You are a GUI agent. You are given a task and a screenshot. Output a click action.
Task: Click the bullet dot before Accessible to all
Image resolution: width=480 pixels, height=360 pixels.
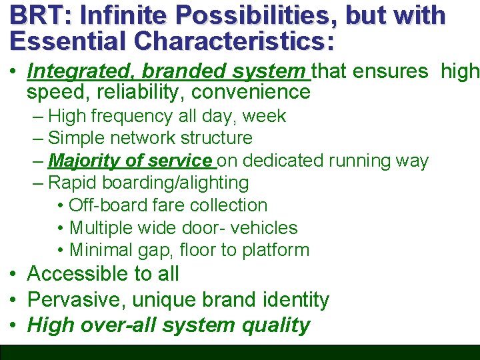pos(13,274)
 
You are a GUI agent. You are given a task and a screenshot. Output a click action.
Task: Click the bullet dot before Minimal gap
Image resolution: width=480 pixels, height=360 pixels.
pos(61,251)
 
